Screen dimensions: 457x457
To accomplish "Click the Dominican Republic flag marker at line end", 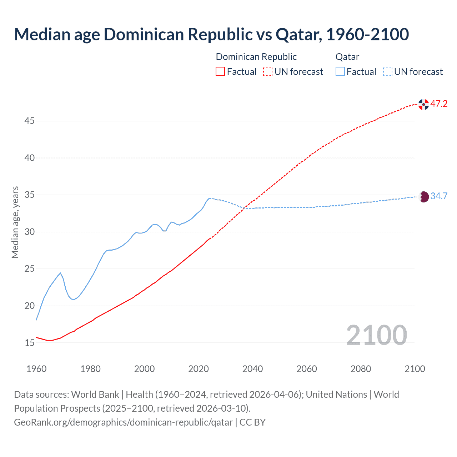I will click(423, 104).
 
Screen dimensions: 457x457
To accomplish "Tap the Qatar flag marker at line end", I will click(423, 197).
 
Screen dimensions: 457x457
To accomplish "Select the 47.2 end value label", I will click(439, 104).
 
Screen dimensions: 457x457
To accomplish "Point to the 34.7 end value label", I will click(439, 196).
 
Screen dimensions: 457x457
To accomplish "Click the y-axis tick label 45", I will click(29, 121).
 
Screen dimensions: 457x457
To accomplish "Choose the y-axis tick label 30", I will click(29, 232).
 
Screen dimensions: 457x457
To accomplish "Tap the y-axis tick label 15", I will click(29, 343).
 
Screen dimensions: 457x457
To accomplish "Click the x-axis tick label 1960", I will click(36, 369).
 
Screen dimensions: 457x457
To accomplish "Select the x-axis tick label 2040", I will click(252, 369).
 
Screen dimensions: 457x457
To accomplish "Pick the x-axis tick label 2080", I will click(361, 369).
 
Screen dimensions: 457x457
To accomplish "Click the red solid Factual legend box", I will click(220, 71).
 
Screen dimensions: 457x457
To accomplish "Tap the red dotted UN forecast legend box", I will click(268, 71).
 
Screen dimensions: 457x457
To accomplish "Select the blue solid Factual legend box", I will click(340, 71).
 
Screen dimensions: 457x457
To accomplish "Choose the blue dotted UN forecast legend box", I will click(387, 71).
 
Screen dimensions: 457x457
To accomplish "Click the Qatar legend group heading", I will click(347, 57).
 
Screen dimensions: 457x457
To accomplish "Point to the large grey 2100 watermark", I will click(376, 335).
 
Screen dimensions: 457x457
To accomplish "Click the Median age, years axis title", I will click(15, 222).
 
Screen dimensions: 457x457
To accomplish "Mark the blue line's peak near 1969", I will click(60, 273).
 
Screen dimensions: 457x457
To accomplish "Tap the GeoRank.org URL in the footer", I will click(123, 422).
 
